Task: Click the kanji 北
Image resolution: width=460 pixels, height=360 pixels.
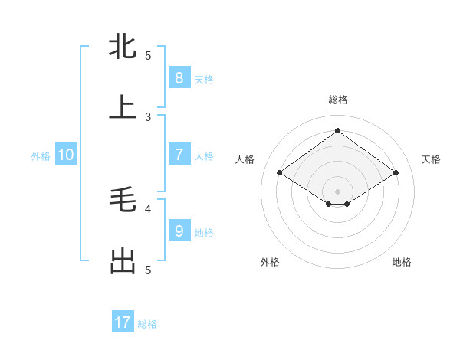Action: pyautogui.click(x=123, y=47)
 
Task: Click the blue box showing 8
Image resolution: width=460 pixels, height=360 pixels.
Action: pyautogui.click(x=179, y=77)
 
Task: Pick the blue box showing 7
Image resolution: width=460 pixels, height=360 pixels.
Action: pyautogui.click(x=179, y=154)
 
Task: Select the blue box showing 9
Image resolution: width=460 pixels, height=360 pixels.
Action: pyautogui.click(x=179, y=231)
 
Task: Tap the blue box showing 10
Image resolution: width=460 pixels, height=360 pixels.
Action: pyautogui.click(x=66, y=154)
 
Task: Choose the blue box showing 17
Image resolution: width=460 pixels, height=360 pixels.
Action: pyautogui.click(x=123, y=322)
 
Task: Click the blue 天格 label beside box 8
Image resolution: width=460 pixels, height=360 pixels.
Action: pyautogui.click(x=204, y=79)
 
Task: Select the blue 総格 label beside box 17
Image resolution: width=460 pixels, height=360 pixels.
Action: pyautogui.click(x=147, y=324)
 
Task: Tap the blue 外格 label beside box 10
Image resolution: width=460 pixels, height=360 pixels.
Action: pyautogui.click(x=41, y=155)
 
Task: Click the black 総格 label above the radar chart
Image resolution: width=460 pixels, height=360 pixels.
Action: pyautogui.click(x=337, y=100)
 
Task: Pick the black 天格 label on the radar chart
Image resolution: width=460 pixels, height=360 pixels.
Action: pyautogui.click(x=432, y=159)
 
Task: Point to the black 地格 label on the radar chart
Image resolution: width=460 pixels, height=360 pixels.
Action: pyautogui.click(x=402, y=262)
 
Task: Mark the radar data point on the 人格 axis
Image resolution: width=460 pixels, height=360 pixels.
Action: pyautogui.click(x=280, y=173)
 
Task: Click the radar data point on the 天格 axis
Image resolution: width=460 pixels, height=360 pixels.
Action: pyautogui.click(x=396, y=173)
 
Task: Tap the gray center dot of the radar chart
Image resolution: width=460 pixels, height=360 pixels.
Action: pyautogui.click(x=337, y=191)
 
